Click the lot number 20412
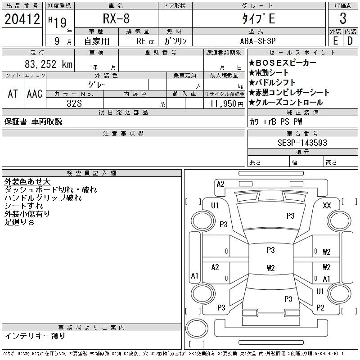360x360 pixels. pyautogui.click(x=22, y=19)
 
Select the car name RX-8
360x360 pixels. pyautogui.click(x=116, y=18)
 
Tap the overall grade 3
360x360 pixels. pyautogui.click(x=343, y=18)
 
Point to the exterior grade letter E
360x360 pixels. pyautogui.click(x=335, y=41)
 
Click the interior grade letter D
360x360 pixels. pyautogui.click(x=350, y=41)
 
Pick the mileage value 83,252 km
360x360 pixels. pyautogui.click(x=49, y=64)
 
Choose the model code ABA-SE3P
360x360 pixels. pyautogui.click(x=257, y=41)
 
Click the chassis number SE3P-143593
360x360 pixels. pyautogui.click(x=302, y=143)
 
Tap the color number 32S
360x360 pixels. pyautogui.click(x=74, y=103)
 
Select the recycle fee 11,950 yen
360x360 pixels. pyautogui.click(x=227, y=104)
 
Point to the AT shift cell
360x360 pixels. pyautogui.click(x=13, y=94)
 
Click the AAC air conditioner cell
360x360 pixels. pyautogui.click(x=35, y=94)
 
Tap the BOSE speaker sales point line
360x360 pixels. pyautogui.click(x=283, y=63)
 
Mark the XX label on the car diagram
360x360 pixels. pyautogui.click(x=327, y=205)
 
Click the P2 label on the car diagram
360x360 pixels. pyautogui.click(x=320, y=307)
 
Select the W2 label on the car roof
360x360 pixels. pyautogui.click(x=271, y=268)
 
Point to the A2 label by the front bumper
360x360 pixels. pyautogui.click(x=220, y=184)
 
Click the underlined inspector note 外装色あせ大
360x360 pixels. pyautogui.click(x=27, y=182)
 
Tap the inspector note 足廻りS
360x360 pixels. pyautogui.click(x=19, y=222)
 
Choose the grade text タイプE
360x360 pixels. pyautogui.click(x=258, y=18)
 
